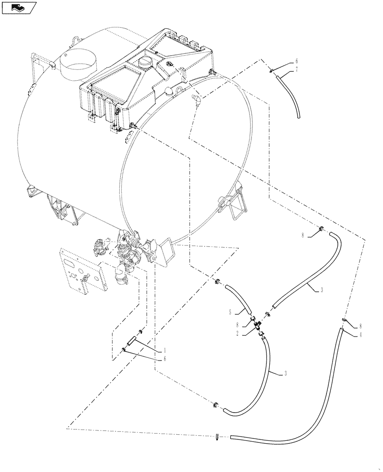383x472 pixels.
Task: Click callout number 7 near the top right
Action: point(297,69)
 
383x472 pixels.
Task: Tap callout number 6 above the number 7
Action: point(297,61)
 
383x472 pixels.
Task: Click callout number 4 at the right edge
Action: point(361,335)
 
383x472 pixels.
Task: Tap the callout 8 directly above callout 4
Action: point(361,326)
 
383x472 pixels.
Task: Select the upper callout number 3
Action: point(322,290)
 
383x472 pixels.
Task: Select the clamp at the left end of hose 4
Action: point(217,437)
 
